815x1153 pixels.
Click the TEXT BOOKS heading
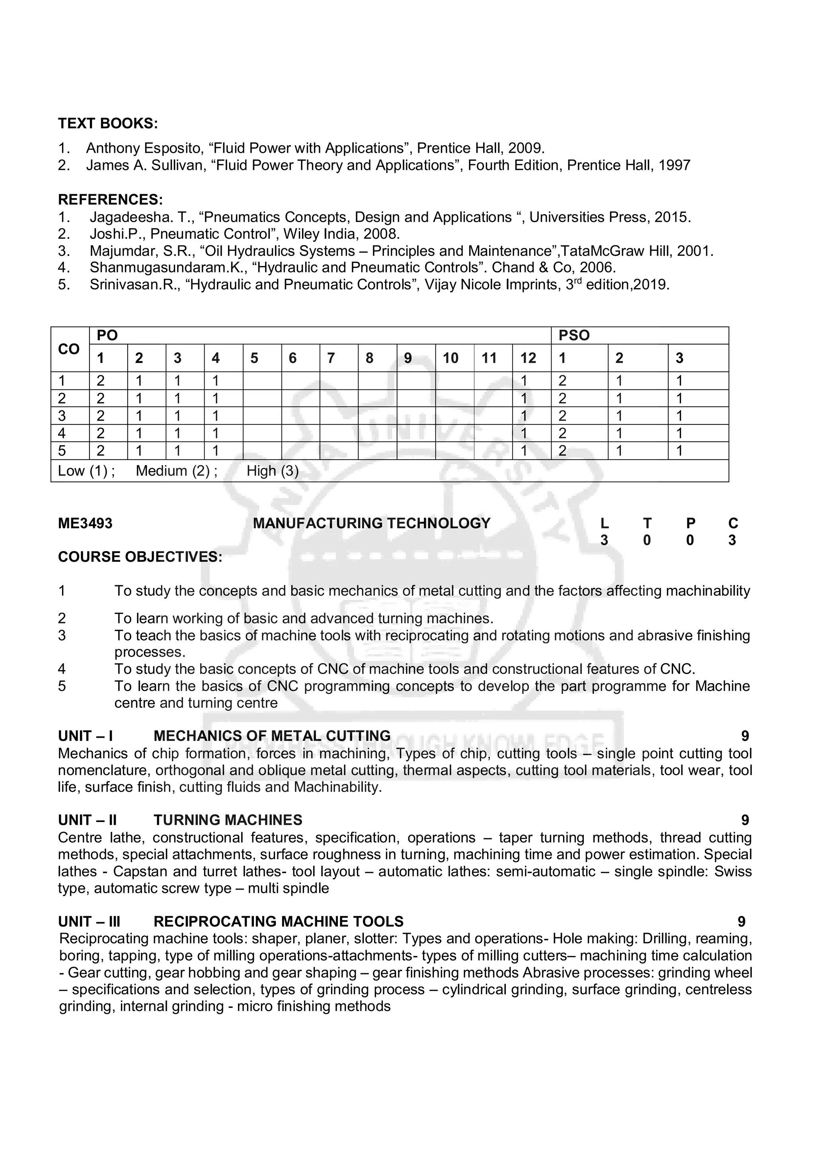click(107, 123)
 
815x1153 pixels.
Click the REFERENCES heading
click(111, 200)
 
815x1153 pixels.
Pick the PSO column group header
click(574, 335)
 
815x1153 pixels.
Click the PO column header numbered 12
click(528, 358)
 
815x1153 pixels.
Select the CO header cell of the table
click(69, 349)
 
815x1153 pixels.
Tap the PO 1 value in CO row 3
click(100, 416)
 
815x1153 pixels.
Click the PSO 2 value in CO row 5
click(619, 451)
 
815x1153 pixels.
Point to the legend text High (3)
click(272, 471)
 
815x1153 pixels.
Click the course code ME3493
click(86, 523)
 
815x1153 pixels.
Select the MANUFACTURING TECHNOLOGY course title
click(371, 523)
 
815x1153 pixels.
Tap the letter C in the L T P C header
click(733, 523)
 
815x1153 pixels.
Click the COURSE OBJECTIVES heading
click(140, 557)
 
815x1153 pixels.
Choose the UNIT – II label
click(88, 820)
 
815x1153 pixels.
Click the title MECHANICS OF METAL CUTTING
click(272, 736)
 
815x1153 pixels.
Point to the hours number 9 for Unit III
click(741, 921)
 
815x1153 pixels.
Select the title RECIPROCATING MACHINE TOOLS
click(278, 921)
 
